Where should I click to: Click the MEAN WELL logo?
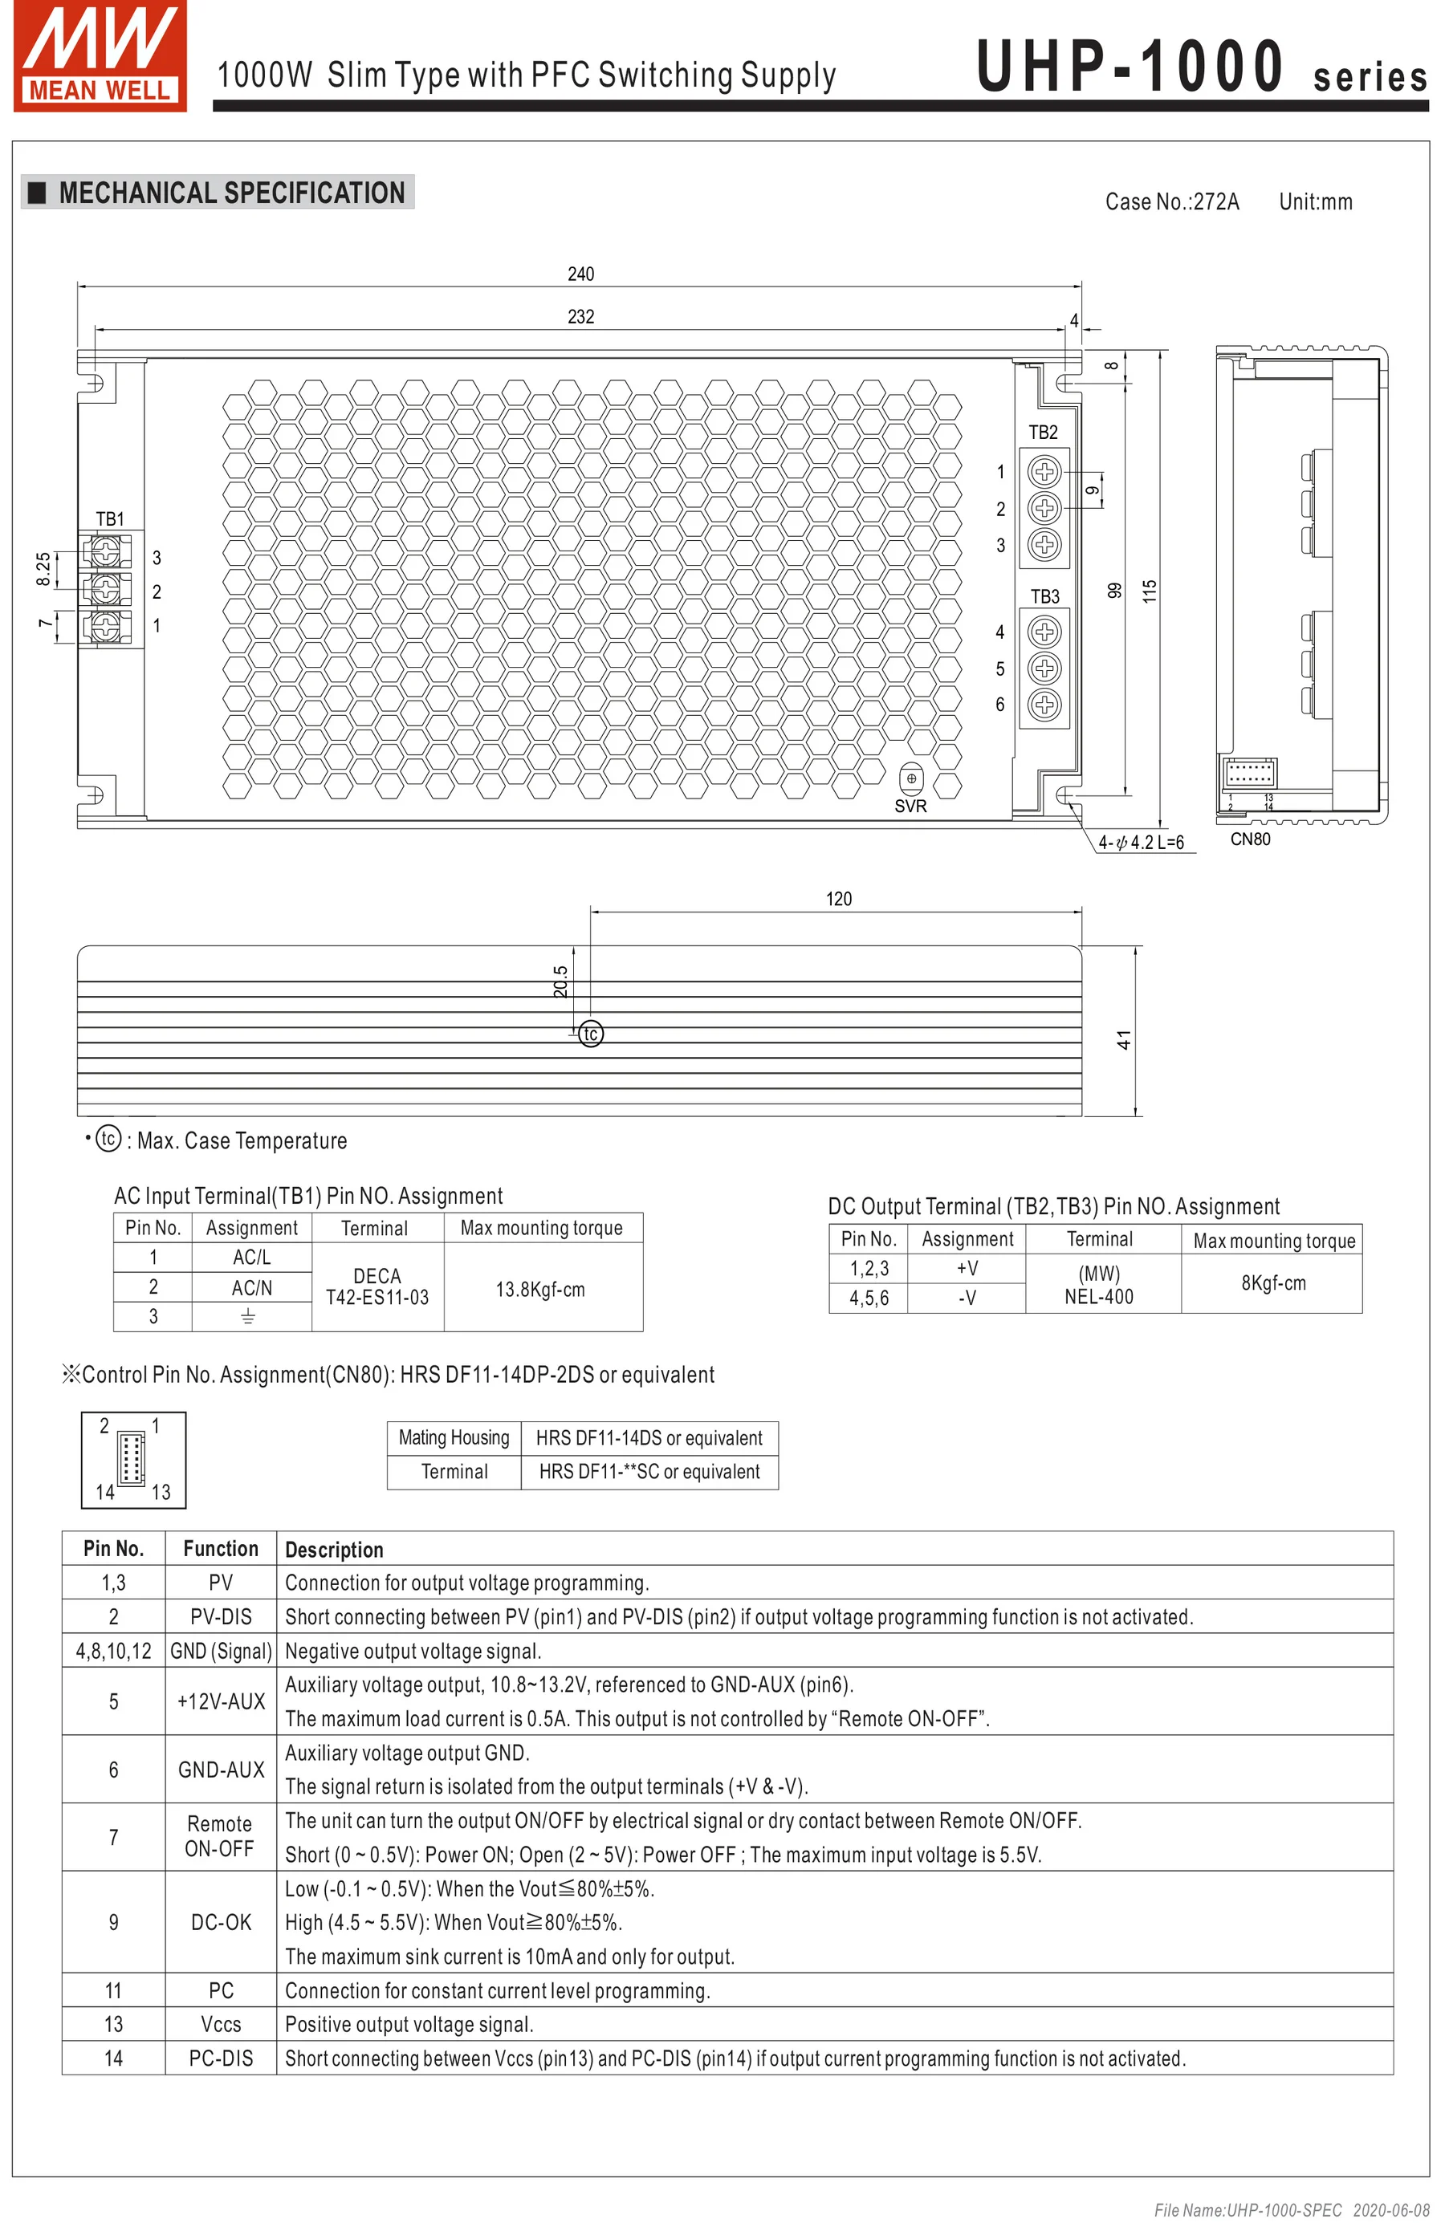100,56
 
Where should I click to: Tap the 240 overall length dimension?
580,274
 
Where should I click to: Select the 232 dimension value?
580,317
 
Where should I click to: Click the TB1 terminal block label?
109,518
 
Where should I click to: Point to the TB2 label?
1043,433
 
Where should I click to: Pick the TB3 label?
1044,596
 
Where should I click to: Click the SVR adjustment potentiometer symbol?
910,778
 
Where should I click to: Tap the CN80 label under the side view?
1250,839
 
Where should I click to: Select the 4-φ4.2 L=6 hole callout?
1141,843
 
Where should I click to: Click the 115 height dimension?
1150,591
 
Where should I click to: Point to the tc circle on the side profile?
590,1034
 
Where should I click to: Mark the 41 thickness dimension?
1124,1039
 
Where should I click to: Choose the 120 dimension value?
838,899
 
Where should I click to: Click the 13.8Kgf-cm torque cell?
540,1289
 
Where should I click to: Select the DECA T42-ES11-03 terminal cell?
377,1287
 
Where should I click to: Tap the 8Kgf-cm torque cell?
1272,1282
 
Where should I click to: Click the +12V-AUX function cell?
221,1701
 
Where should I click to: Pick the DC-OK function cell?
221,1921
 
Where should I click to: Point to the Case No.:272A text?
1171,201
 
